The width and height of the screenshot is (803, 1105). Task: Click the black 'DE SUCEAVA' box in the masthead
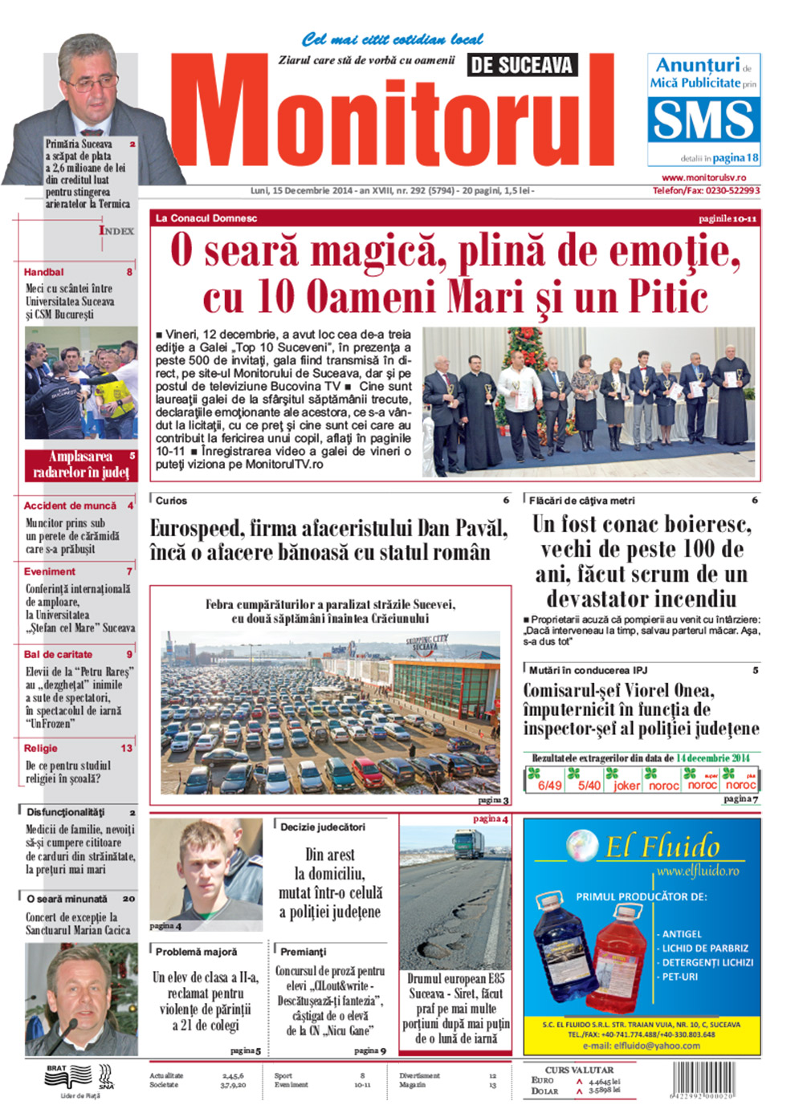[521, 66]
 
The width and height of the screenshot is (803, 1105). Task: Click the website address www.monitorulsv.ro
[703, 177]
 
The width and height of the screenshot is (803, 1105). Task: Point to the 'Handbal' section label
[44, 272]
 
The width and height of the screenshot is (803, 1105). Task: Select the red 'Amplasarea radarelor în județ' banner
[80, 465]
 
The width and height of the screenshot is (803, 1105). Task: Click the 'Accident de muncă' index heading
[70, 506]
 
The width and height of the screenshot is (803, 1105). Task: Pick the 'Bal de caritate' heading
[58, 654]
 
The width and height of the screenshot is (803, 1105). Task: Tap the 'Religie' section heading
[41, 748]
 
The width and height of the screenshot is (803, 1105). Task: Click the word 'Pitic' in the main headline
[668, 297]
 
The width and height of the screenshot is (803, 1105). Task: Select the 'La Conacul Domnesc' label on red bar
[206, 218]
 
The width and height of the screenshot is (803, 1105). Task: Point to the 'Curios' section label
[171, 501]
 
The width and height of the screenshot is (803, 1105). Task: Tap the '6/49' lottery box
[549, 786]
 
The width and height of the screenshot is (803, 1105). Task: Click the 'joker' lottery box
[626, 786]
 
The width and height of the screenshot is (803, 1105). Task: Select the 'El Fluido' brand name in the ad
[662, 846]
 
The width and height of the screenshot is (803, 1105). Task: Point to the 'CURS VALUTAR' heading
[579, 1070]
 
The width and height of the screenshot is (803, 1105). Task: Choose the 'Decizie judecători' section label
[322, 827]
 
